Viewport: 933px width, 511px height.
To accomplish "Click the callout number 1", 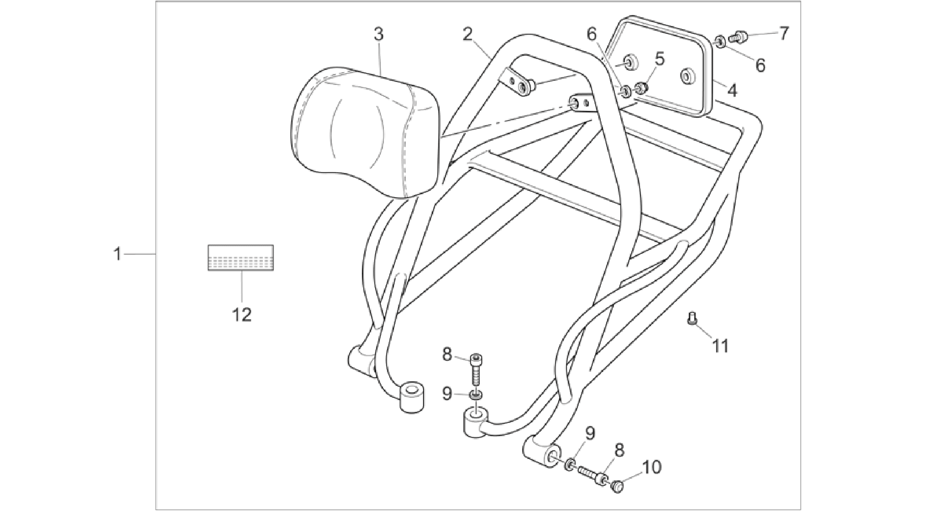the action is point(117,254).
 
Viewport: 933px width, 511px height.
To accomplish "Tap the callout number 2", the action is point(467,35).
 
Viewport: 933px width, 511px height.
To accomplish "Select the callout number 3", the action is point(379,35).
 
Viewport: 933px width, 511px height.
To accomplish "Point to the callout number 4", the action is point(732,90).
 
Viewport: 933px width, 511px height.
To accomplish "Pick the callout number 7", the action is point(784,33).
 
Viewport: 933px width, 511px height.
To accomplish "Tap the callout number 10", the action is point(651,467).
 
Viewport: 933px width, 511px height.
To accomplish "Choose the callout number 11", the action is point(721,346).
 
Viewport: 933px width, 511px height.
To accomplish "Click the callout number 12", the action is point(242,315).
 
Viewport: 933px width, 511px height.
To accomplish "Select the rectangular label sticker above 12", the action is point(241,258).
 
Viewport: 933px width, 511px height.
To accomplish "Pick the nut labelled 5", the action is point(642,87).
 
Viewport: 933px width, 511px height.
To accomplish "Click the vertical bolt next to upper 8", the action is point(476,370).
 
